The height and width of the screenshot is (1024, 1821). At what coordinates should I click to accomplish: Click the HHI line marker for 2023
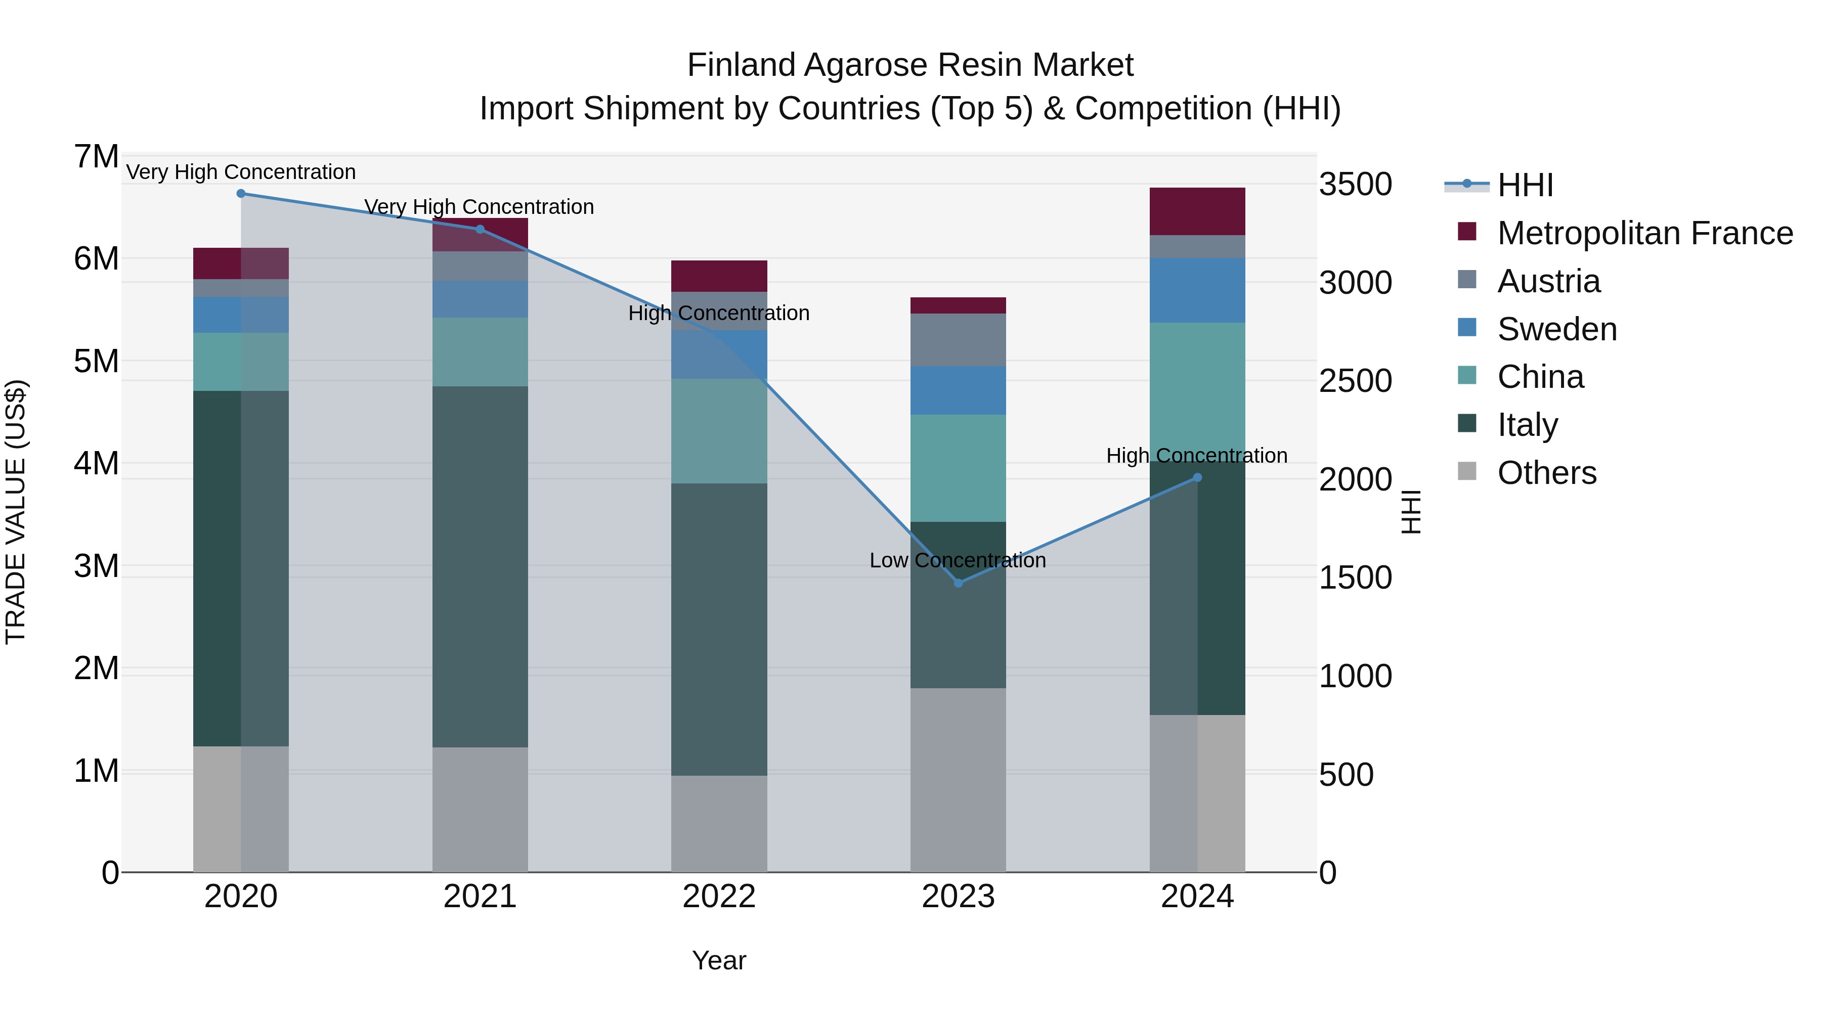click(958, 583)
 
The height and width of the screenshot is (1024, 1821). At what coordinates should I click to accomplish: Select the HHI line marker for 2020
click(241, 193)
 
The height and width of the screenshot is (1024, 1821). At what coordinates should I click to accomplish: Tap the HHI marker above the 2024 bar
click(1197, 478)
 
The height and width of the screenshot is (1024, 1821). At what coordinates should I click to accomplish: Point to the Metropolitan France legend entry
click(1645, 233)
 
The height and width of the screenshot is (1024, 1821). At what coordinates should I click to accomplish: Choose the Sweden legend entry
click(1556, 329)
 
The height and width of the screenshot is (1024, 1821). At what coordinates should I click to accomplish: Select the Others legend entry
click(1547, 473)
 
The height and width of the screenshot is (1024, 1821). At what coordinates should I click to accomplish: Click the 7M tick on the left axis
click(96, 157)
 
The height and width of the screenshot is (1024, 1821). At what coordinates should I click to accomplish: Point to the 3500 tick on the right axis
click(1355, 185)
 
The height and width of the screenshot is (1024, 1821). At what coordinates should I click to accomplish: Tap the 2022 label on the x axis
click(719, 897)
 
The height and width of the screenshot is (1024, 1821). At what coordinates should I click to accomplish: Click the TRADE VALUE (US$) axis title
click(16, 512)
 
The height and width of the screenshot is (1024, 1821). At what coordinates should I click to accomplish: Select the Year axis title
click(719, 960)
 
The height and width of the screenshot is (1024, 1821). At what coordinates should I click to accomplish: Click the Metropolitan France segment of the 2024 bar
click(1197, 211)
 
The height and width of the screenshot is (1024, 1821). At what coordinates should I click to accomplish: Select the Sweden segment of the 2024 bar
click(1197, 290)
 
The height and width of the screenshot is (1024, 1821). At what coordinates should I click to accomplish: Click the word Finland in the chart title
click(742, 66)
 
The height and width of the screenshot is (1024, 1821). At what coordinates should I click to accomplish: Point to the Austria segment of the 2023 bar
click(958, 339)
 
